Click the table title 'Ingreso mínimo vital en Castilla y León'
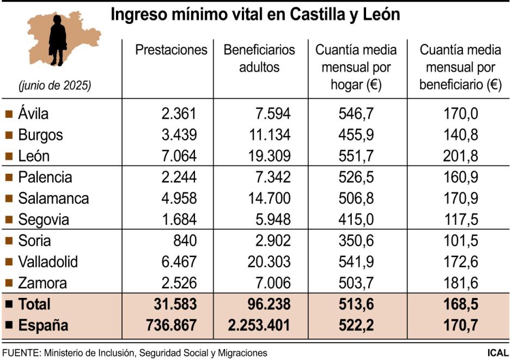click(255, 15)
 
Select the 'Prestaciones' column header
click(171, 50)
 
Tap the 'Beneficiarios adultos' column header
click(259, 59)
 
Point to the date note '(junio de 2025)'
click(54, 86)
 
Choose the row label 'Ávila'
click(33, 114)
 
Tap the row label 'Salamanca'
click(53, 199)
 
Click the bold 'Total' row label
click(34, 304)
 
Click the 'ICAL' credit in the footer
click(498, 353)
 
